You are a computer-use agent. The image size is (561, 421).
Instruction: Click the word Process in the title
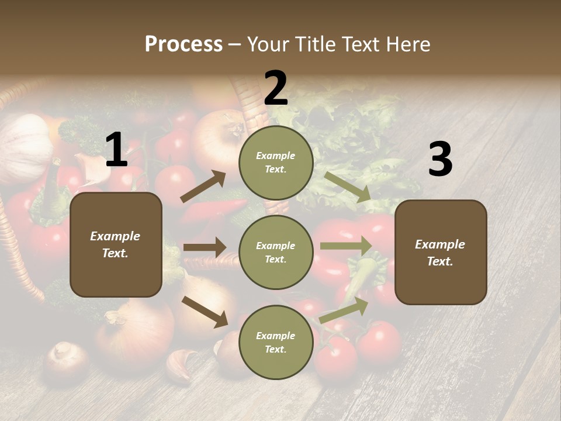point(183,44)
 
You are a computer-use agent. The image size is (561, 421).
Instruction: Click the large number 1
point(116,150)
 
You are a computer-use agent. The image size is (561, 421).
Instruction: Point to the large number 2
point(276,88)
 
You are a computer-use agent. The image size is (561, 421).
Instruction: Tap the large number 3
point(440,160)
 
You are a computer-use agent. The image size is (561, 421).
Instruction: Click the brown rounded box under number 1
point(116,244)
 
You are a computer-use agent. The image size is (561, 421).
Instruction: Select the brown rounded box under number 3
point(441,253)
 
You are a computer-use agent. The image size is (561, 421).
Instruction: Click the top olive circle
point(275,163)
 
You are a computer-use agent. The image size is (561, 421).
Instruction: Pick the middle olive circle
point(275,252)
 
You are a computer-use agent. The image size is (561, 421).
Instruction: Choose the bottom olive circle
point(275,342)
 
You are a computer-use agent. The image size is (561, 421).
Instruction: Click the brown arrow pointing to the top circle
point(203,187)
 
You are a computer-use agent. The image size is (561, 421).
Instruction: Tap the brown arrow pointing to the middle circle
point(205,247)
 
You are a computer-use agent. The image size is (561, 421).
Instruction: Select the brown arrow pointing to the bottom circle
point(205,312)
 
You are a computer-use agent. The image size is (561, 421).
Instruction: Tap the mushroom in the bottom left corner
point(65,358)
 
